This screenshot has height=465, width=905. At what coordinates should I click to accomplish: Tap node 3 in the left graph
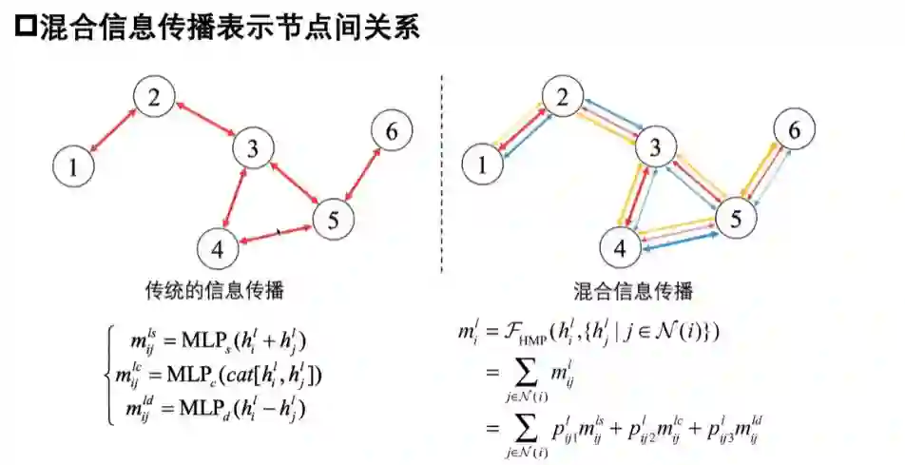point(253,148)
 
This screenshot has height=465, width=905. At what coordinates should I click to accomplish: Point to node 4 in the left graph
point(218,249)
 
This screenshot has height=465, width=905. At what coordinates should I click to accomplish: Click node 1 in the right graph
point(484,166)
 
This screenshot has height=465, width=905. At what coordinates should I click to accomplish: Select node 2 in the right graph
point(564,97)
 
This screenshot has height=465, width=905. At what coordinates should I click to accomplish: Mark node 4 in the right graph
point(621,249)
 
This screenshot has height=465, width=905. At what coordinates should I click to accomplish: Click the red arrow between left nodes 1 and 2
point(113,130)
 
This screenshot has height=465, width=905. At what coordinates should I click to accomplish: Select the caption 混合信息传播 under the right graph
point(632,290)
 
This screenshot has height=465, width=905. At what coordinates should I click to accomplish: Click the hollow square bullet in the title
point(26,28)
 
